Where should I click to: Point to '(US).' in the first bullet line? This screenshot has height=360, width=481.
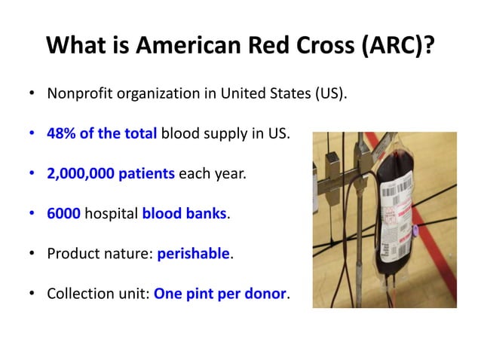coord(329,96)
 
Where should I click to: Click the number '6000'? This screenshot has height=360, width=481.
coord(63,214)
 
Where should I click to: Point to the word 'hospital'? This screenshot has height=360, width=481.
coord(111,214)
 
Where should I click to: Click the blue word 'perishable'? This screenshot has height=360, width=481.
coord(193,254)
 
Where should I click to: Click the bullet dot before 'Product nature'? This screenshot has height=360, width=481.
coord(32,254)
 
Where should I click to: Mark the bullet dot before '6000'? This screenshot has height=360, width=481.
coord(32,214)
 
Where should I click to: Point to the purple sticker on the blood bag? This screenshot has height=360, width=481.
coord(412,230)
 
